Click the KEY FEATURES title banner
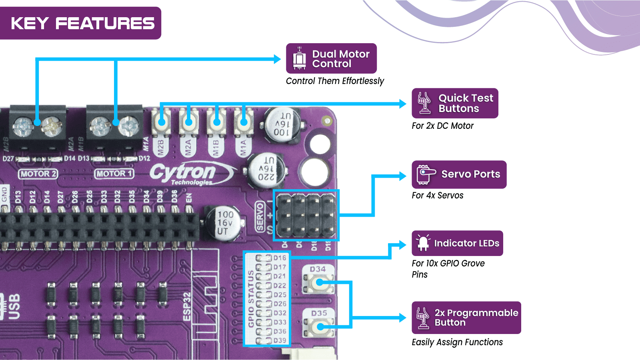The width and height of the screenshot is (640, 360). point(82,23)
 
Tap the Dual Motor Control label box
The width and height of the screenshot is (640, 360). point(331,58)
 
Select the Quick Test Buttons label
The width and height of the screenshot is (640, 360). point(455,103)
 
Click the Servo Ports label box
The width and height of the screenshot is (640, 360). point(459,174)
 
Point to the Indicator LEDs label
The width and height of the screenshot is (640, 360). point(457,243)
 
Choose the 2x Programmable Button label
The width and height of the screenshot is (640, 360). point(466,318)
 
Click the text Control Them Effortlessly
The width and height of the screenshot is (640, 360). point(335,81)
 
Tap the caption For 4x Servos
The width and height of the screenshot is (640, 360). point(438,196)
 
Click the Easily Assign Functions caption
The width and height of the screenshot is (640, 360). point(457,342)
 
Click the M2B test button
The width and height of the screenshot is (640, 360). point(162,122)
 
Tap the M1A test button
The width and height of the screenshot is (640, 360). point(243,122)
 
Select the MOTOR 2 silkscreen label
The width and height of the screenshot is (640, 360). point(38,174)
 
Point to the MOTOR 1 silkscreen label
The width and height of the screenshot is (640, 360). point(114,174)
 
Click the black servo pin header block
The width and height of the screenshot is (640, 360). point(306,215)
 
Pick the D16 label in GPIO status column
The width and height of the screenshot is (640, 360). point(280,258)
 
